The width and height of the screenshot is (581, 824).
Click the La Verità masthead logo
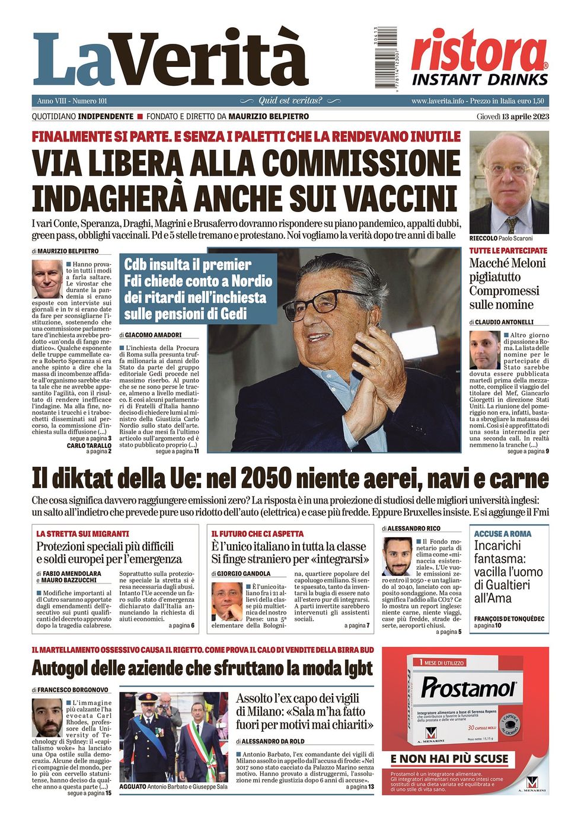click(x=171, y=60)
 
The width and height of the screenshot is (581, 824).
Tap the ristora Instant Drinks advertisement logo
click(x=480, y=58)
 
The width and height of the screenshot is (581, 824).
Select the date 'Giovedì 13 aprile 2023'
click(x=512, y=117)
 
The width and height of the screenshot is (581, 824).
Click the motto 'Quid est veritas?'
click(x=290, y=101)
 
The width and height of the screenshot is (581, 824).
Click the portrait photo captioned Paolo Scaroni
click(x=509, y=182)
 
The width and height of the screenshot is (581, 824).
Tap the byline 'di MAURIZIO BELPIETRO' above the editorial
click(x=65, y=251)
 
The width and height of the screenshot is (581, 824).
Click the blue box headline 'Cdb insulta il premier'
click(x=187, y=265)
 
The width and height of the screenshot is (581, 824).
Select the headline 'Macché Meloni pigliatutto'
click(x=507, y=270)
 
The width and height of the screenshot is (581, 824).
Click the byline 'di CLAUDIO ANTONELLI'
click(x=502, y=322)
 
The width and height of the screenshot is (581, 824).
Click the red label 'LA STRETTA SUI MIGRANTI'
click(x=82, y=534)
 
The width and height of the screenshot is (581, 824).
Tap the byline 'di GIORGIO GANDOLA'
click(x=241, y=573)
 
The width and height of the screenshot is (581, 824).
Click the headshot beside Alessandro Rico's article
click(x=397, y=556)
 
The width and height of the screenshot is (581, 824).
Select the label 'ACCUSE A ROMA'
click(x=503, y=534)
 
